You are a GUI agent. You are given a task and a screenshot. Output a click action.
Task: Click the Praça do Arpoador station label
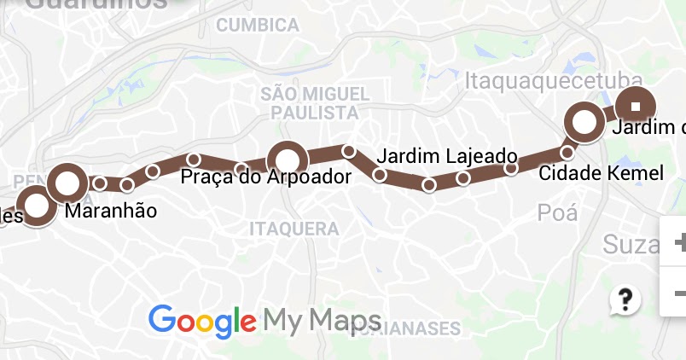[x=266, y=178]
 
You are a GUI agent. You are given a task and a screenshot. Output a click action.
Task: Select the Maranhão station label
[x=111, y=211]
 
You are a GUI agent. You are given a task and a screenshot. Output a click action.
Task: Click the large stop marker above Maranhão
[x=67, y=182]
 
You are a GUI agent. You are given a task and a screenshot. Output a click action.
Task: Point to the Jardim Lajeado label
[x=446, y=157]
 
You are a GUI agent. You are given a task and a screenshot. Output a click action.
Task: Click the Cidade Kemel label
[x=601, y=173]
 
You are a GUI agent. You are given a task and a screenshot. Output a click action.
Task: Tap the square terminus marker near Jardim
[x=636, y=107]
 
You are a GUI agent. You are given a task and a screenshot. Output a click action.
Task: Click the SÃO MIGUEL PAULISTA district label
[x=315, y=102]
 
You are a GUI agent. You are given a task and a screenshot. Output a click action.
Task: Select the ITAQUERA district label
[x=294, y=229]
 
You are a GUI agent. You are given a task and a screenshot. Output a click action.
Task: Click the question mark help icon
[x=625, y=299]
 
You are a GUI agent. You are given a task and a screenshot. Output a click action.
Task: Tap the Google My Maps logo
[x=265, y=321]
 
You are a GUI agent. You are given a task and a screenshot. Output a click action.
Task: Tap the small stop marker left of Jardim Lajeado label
[x=348, y=151]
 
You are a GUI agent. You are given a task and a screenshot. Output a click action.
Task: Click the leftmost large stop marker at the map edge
[x=36, y=206]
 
